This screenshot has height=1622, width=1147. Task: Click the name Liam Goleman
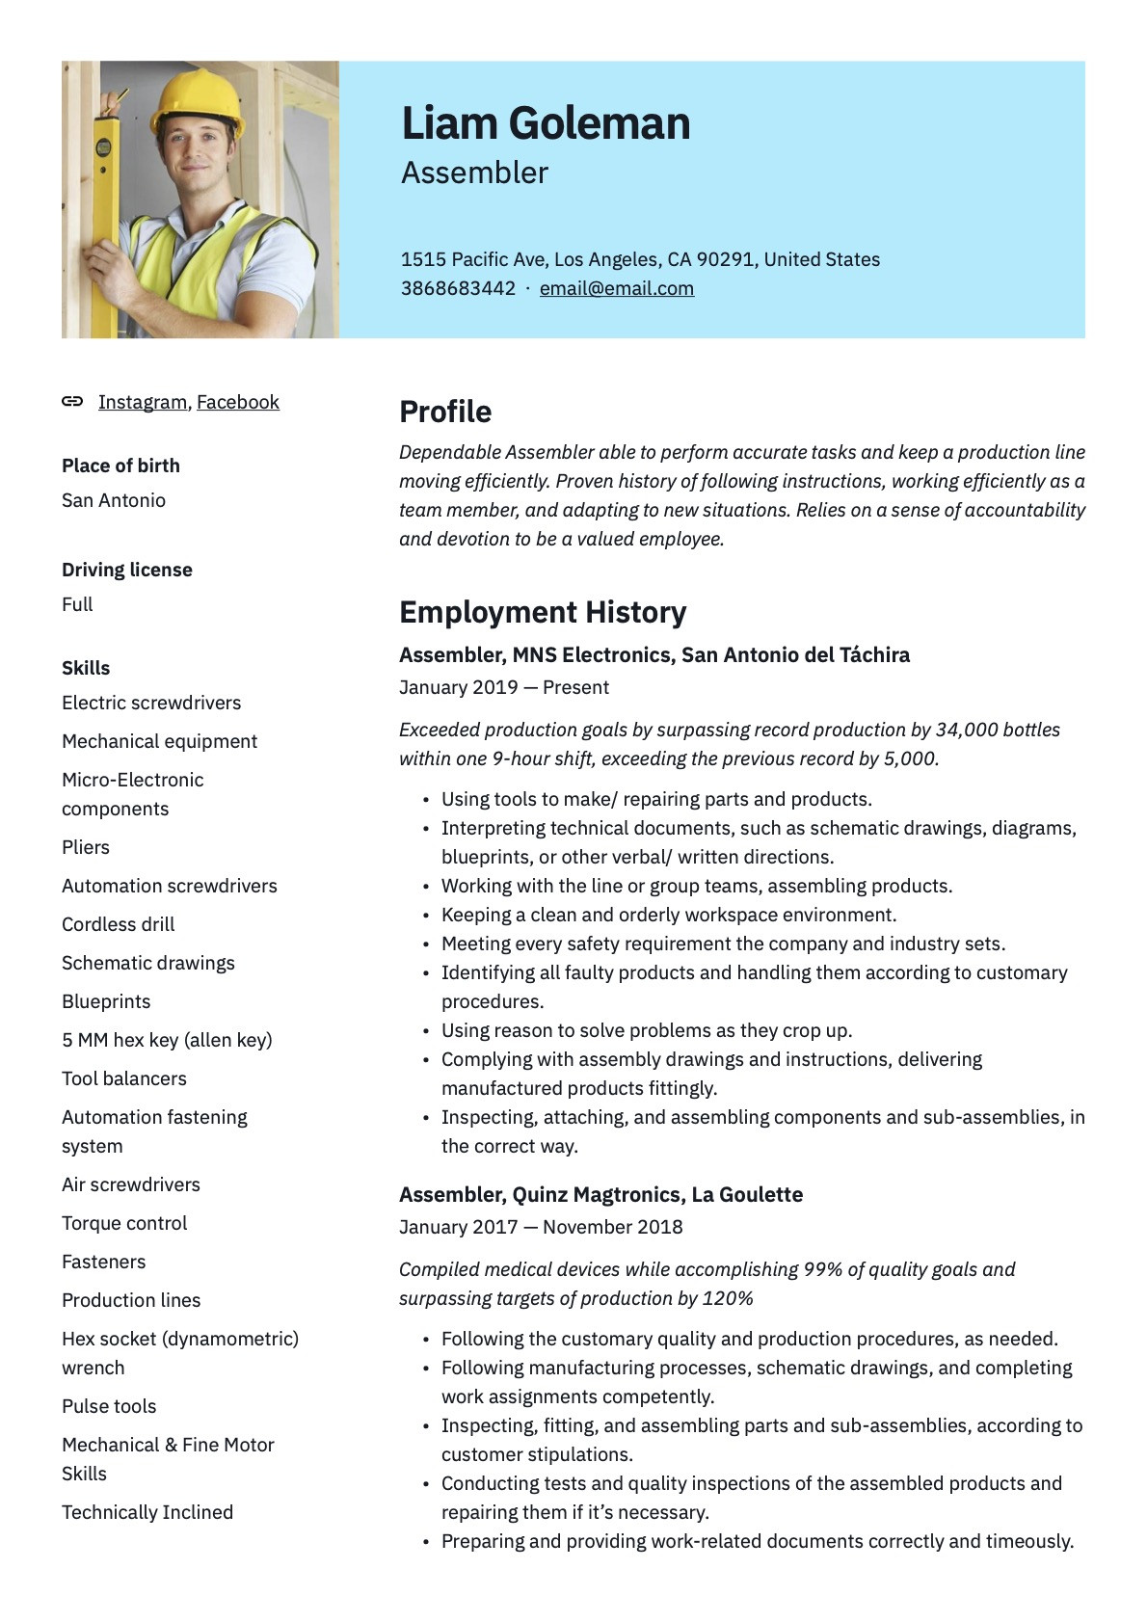click(546, 124)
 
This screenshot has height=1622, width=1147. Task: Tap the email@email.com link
click(616, 288)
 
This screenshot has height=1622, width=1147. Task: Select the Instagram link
click(143, 402)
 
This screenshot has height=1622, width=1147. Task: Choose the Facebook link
click(238, 402)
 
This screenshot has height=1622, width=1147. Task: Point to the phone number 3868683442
click(458, 288)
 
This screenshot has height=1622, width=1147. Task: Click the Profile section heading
click(445, 412)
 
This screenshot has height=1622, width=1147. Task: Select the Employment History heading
click(543, 612)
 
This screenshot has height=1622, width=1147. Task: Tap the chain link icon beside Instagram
click(72, 402)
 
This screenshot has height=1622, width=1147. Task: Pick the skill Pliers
click(86, 847)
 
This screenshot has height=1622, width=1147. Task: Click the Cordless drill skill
click(119, 924)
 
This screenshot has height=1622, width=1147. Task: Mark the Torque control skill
click(124, 1223)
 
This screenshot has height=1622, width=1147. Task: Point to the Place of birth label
click(120, 465)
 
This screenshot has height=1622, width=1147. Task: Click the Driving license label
click(127, 570)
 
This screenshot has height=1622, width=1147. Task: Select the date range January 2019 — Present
click(504, 687)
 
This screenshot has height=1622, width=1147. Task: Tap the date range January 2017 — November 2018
click(541, 1227)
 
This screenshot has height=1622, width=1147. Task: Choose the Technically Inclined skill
click(147, 1512)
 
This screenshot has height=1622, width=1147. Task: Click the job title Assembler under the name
click(474, 173)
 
